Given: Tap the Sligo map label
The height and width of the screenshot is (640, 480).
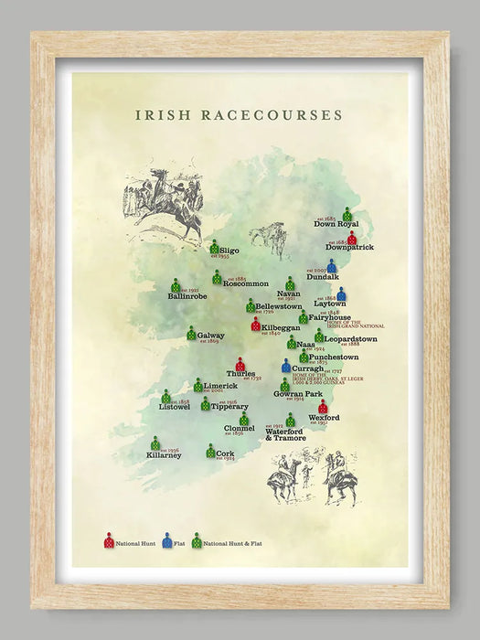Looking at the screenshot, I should (x=229, y=250).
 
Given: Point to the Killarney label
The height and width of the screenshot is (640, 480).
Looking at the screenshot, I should (x=163, y=455).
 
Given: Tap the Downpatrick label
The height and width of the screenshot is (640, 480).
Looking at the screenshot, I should (x=349, y=247).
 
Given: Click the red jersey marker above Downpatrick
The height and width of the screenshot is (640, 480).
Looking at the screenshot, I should (x=352, y=237).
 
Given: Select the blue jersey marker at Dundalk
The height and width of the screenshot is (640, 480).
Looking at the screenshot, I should (x=332, y=266).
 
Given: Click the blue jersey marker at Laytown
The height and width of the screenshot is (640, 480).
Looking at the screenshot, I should (x=341, y=293).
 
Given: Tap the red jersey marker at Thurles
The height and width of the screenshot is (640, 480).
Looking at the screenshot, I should (x=240, y=364).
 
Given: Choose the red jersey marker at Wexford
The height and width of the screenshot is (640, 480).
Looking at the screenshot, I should (x=323, y=406).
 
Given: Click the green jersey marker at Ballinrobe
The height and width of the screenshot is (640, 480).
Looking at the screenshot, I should (x=175, y=285).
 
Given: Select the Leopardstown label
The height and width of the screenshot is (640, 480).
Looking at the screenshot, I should (x=350, y=339).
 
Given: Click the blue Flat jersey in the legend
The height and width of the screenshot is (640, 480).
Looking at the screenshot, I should (x=167, y=540).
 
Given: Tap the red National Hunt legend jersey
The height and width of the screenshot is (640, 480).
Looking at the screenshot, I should (x=109, y=540).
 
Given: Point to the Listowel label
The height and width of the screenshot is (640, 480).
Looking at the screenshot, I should (x=174, y=407).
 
